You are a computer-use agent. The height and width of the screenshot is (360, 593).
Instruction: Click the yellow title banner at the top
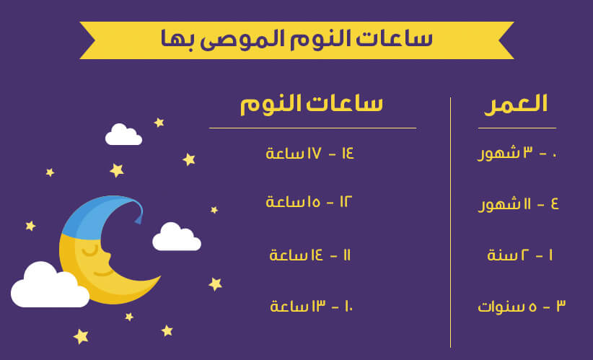296,40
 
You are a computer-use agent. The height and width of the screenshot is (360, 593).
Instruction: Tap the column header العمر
516,105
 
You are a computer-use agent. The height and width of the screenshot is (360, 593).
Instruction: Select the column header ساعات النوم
312,105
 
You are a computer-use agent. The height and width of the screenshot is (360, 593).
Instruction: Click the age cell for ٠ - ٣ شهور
517,154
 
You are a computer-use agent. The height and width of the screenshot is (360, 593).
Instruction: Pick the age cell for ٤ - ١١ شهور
518,205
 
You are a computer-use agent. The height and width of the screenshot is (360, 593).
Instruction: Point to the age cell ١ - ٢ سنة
520,255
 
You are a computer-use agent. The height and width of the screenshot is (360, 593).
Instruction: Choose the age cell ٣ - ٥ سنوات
522,306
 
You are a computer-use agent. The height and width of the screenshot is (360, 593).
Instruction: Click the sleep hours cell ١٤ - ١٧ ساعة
309,154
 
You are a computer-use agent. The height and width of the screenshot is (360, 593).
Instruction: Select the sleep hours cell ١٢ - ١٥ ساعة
309,202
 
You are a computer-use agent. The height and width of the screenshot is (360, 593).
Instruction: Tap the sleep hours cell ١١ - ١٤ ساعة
309,255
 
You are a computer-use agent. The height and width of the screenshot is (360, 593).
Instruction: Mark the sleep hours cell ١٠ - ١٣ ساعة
311,306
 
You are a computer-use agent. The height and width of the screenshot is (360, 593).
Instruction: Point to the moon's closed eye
90,252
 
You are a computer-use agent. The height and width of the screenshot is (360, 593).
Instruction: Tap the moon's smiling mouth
104,272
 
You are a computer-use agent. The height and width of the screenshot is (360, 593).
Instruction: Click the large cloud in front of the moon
50,286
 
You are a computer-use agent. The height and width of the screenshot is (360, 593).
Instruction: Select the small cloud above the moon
123,135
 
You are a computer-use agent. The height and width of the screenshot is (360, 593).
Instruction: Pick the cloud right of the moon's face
177,237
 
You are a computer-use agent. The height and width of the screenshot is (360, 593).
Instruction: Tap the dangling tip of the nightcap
139,219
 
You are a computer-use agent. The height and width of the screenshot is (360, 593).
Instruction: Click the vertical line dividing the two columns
450,222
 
